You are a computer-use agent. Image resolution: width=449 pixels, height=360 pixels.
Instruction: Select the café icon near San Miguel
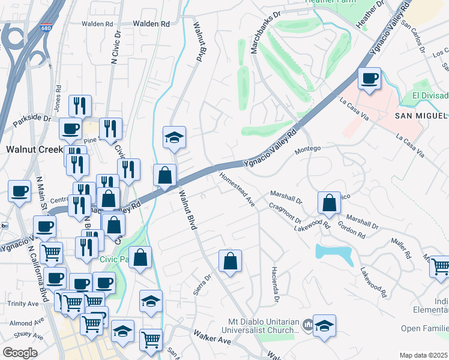[369, 79]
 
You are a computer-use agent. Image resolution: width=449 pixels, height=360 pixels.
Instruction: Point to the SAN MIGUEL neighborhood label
[421, 115]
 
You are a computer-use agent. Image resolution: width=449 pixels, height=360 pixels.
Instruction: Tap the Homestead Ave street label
[238, 190]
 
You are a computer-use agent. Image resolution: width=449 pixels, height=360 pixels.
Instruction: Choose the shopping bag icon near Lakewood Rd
[330, 204]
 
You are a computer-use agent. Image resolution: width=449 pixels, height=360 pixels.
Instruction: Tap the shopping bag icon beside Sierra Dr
[230, 262]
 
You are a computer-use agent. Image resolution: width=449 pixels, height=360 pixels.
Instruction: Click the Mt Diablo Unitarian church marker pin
[307, 325]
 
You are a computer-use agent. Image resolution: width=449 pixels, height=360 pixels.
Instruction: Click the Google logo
[20, 352]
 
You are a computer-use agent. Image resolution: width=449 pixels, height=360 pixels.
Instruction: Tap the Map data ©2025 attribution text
[423, 355]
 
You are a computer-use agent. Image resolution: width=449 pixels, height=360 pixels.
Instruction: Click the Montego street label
[309, 148]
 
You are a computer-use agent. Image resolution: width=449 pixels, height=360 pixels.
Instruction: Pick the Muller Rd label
[401, 247]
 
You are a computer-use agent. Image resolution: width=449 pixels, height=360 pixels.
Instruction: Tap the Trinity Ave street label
[23, 304]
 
